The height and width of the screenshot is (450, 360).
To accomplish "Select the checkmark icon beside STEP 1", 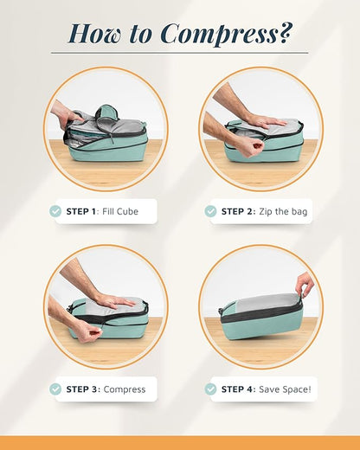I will (x=55, y=211).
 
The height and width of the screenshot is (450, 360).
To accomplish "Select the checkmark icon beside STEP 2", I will (x=210, y=211).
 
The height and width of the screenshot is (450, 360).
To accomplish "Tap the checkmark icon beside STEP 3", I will (x=55, y=389).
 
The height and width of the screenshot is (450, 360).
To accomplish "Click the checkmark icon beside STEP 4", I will (x=210, y=389).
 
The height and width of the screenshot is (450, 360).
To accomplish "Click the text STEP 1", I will (x=82, y=211).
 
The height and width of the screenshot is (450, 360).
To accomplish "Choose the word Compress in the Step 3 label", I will (x=125, y=389).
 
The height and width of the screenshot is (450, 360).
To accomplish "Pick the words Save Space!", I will (x=282, y=389).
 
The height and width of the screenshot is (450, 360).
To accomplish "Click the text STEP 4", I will (x=237, y=389).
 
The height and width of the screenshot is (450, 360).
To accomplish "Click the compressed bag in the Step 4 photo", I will (x=260, y=316).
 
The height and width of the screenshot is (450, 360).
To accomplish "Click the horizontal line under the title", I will (x=179, y=54).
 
